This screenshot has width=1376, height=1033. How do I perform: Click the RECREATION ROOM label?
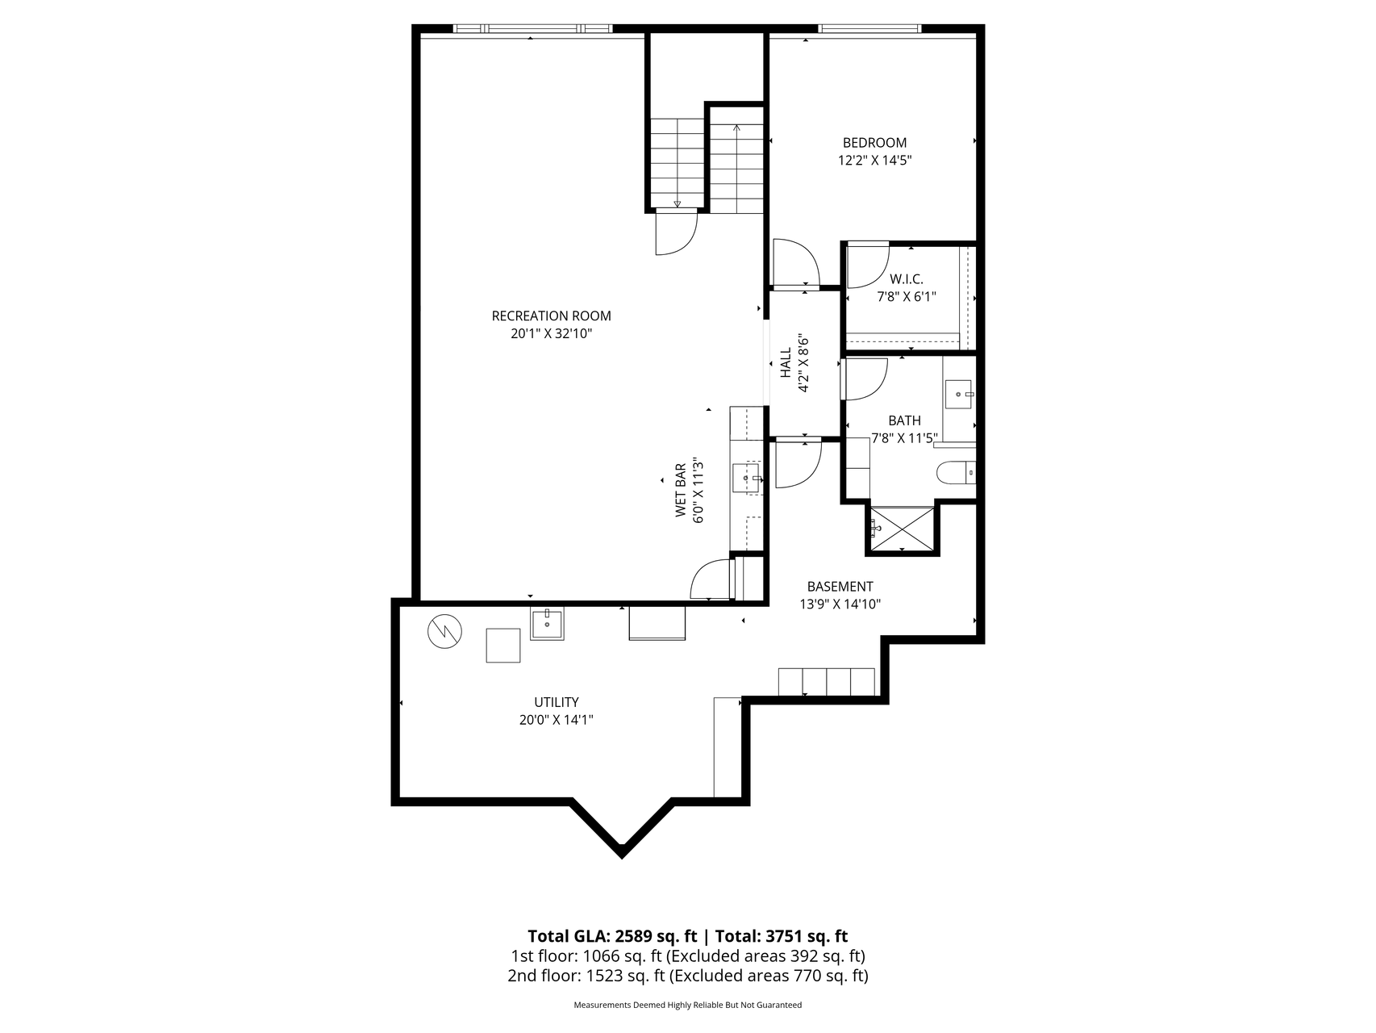pos(551,316)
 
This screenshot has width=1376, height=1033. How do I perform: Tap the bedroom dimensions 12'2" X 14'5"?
pos(874,160)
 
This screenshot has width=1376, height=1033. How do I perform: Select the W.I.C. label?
pos(906,279)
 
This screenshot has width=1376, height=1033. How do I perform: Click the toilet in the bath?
pos(956,472)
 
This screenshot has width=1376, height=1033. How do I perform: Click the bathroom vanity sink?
pos(959,394)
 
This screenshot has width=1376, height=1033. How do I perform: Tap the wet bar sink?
pos(746,478)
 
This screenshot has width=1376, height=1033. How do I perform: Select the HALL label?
pos(786,363)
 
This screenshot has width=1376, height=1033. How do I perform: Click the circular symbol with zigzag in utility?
pos(444,631)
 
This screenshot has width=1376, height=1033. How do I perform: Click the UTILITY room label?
pos(556,702)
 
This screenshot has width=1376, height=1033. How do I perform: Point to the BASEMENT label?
pos(840,587)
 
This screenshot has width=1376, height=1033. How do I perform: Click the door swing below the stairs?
pos(676,233)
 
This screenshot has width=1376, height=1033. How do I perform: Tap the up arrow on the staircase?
pos(736,128)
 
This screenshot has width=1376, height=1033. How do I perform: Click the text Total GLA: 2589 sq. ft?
pos(611,936)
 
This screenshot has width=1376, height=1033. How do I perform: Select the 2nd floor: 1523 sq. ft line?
pos(687,975)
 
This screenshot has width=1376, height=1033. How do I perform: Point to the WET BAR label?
pos(681,490)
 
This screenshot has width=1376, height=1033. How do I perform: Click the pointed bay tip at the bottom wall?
pos(621,854)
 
